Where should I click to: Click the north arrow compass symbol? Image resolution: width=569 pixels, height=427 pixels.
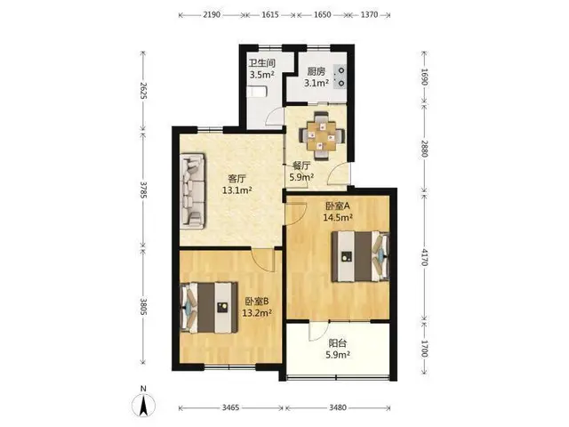(144, 404)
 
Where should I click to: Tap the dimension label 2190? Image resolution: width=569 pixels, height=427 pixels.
(212, 15)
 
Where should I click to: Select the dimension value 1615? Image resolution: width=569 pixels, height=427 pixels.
(270, 15)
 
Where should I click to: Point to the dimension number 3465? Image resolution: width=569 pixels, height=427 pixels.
(230, 407)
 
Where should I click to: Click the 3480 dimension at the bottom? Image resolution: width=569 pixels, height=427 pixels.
(338, 407)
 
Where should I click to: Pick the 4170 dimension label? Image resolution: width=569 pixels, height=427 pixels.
(425, 257)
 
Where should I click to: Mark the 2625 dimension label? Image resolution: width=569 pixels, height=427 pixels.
(143, 91)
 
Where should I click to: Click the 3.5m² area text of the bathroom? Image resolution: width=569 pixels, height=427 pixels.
(261, 75)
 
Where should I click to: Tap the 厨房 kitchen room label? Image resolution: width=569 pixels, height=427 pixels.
(316, 71)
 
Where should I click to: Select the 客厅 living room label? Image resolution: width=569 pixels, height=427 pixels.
(237, 179)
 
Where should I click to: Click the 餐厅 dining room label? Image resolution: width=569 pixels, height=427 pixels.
(301, 166)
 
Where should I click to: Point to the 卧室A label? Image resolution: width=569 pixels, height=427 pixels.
(338, 206)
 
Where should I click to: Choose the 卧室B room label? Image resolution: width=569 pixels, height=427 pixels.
(257, 301)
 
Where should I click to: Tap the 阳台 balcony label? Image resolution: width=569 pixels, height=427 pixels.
(338, 342)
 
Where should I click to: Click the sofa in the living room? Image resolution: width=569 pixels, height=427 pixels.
(192, 190)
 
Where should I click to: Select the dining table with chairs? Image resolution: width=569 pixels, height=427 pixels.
(322, 136)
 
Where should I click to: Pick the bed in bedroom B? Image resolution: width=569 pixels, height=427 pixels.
(209, 308)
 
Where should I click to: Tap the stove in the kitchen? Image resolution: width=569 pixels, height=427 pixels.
(340, 77)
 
